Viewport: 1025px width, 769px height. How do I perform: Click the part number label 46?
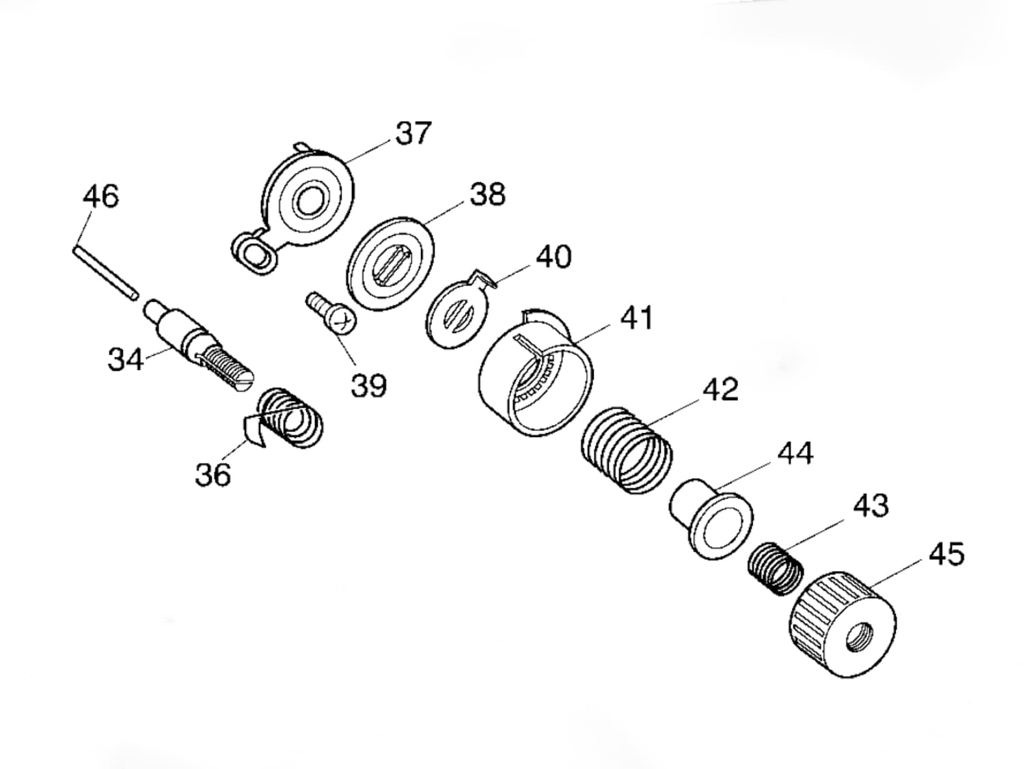(x=101, y=196)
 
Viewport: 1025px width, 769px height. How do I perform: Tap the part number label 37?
(x=413, y=133)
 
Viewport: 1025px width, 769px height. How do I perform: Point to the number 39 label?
(x=369, y=385)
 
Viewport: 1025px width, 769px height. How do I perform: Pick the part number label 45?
(x=946, y=555)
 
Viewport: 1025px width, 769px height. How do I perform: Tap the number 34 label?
(x=126, y=359)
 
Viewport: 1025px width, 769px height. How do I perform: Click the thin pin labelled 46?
(x=105, y=273)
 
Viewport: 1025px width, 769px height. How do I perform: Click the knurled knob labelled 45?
(x=843, y=625)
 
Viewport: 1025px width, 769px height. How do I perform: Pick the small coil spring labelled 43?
(x=776, y=569)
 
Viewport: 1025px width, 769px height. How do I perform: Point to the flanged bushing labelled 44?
(x=711, y=518)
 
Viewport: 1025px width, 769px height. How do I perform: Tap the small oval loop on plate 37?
(x=254, y=253)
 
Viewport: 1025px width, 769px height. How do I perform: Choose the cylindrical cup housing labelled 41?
(x=536, y=374)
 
